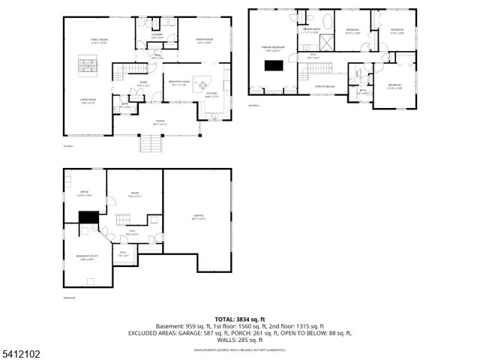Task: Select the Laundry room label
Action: [x=157, y=36]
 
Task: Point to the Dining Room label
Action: [x=205, y=40]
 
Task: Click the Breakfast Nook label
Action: [x=178, y=83]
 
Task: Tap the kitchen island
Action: [x=204, y=82]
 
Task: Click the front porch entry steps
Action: [x=151, y=142]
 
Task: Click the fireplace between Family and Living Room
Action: [x=88, y=65]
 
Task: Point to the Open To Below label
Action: [x=325, y=86]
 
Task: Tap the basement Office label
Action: [x=85, y=193]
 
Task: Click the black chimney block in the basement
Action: [x=88, y=217]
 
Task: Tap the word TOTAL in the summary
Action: [x=228, y=319]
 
